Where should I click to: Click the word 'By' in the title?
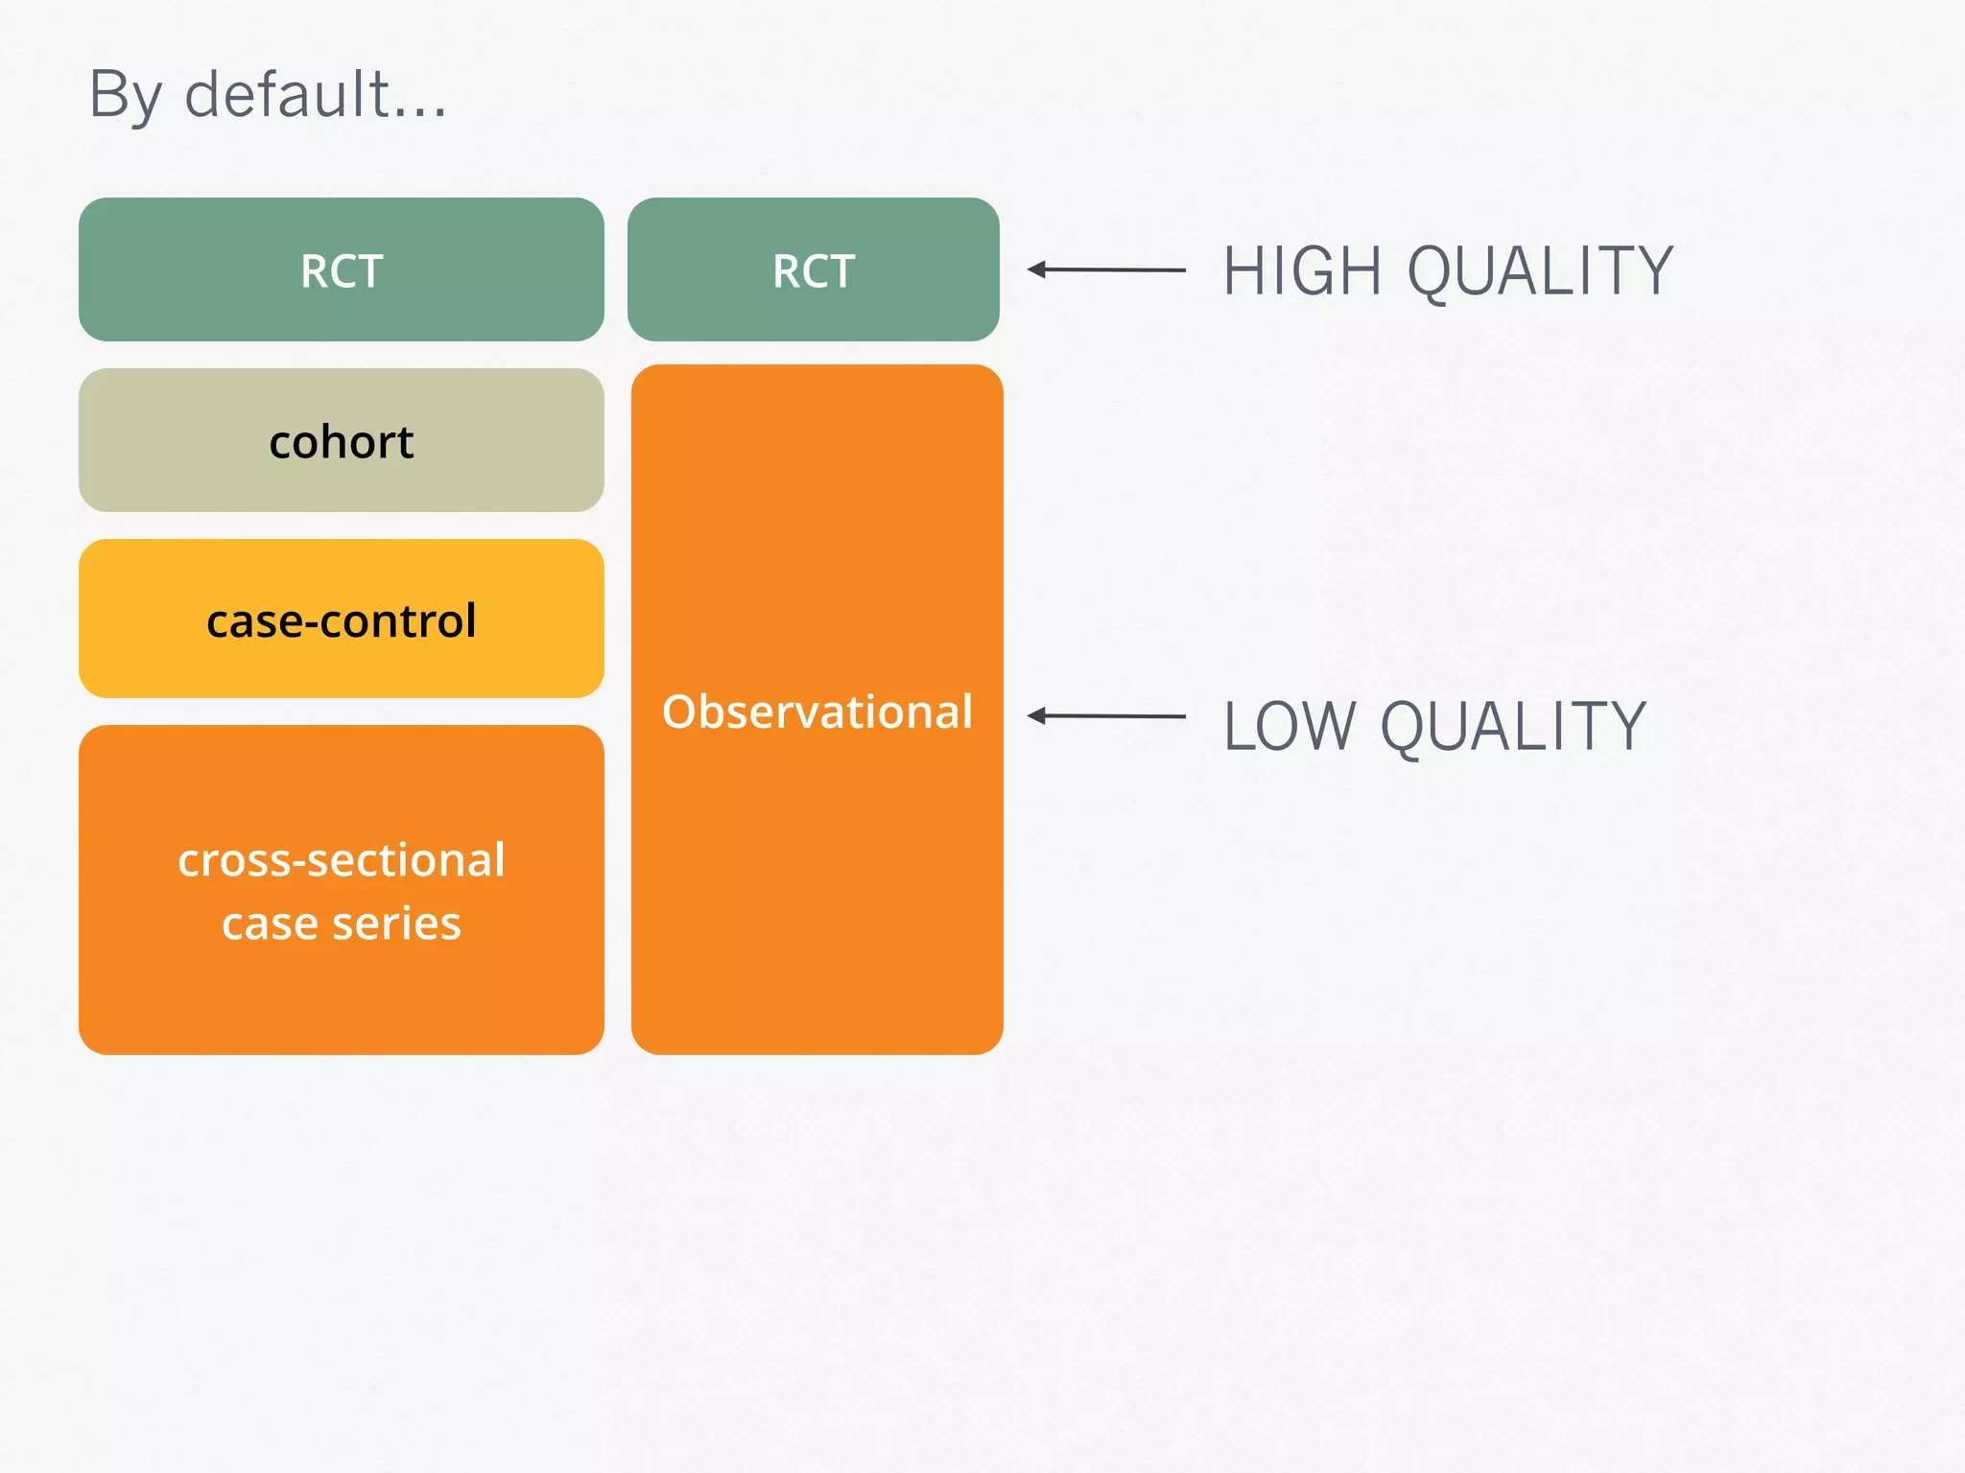124,97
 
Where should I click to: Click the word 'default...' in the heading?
316,95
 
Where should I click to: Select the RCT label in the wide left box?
342,271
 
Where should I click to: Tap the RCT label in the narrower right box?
814,271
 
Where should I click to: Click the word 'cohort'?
342,442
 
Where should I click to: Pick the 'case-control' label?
342,620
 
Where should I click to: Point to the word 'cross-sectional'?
342,860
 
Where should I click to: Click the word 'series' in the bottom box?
396,924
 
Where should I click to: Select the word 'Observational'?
817,712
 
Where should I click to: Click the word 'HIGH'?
1302,271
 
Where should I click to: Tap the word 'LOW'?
1290,727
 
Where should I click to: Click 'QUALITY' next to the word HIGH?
1540,271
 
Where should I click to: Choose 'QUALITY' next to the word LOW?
1513,727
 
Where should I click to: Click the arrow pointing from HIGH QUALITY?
1113,270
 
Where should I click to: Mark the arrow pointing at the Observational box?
1113,715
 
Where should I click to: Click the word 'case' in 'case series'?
270,924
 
